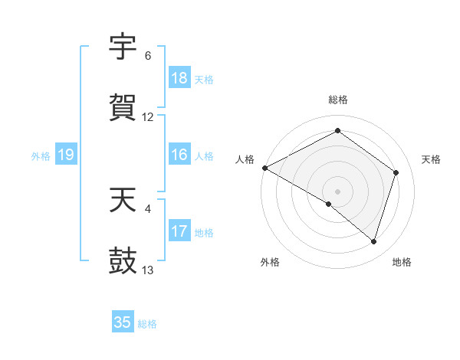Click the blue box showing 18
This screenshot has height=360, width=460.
click(179, 78)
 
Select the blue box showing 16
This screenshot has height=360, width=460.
click(179, 155)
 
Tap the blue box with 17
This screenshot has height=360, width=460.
click(179, 231)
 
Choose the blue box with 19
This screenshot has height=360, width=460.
click(66, 155)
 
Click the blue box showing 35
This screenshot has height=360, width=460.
click(123, 322)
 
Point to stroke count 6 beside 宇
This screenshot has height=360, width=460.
click(148, 56)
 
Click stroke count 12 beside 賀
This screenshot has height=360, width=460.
click(148, 117)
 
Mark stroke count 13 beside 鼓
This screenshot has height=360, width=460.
click(148, 270)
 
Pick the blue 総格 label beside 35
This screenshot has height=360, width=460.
click(147, 324)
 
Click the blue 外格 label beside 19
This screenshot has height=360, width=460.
click(41, 156)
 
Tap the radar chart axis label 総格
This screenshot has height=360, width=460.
click(338, 100)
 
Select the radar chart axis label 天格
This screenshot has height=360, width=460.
click(431, 159)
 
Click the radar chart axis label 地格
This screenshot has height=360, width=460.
click(402, 262)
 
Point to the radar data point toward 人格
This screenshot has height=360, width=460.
click(264, 168)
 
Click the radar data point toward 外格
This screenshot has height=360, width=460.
click(329, 204)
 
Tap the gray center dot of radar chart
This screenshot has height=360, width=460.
click(338, 191)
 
